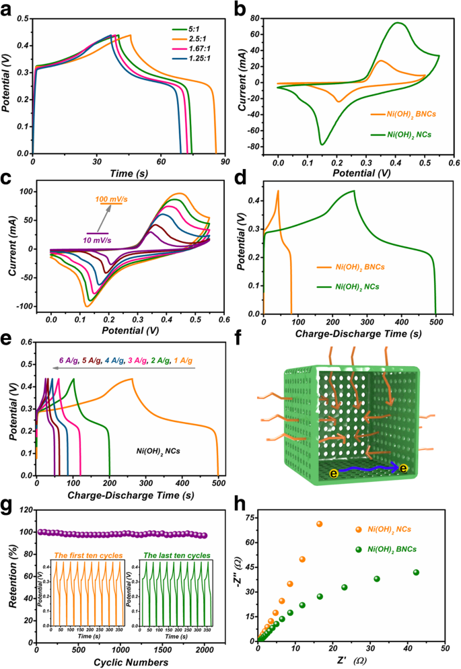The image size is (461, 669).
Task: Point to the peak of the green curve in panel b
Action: (398, 23)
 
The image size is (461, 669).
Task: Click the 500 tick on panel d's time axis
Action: (435, 323)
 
